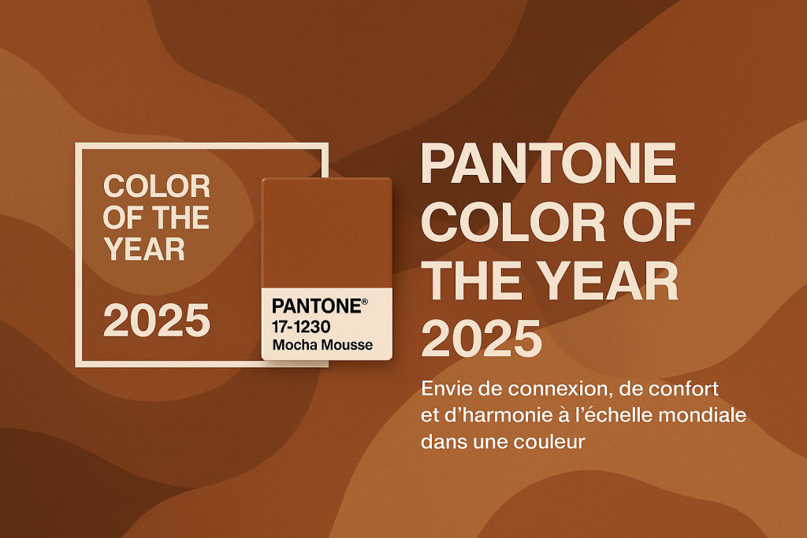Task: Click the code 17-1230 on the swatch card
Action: click(301, 327)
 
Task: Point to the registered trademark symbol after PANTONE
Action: click(364, 302)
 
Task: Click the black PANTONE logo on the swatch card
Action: click(317, 306)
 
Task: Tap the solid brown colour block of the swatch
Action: click(327, 233)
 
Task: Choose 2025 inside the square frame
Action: click(157, 320)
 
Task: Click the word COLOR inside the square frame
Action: click(157, 186)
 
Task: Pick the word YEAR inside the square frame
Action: click(144, 250)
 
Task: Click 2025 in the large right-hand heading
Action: click(482, 338)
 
